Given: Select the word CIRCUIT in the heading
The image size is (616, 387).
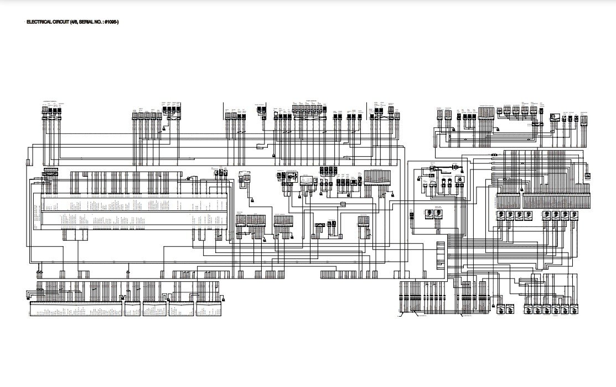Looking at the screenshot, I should [x=56, y=22].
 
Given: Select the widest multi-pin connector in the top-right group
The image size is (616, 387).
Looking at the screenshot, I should [x=485, y=113].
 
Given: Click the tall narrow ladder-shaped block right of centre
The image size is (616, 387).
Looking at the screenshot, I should [x=441, y=256].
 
